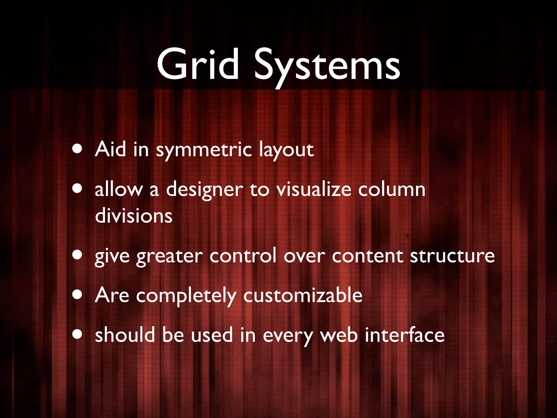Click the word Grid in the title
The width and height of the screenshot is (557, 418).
(x=198, y=64)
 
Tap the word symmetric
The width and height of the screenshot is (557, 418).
(x=204, y=150)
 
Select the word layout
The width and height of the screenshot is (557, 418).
(x=286, y=150)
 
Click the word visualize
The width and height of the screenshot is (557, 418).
(x=314, y=189)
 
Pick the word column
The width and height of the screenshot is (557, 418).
(x=392, y=189)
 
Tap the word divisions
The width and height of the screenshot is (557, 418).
(x=134, y=216)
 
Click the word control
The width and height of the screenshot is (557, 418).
(x=243, y=256)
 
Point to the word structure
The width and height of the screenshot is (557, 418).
(x=452, y=256)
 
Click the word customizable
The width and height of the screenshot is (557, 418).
(x=303, y=295)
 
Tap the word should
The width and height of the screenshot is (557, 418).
(x=125, y=335)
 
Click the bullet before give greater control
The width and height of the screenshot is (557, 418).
(x=78, y=255)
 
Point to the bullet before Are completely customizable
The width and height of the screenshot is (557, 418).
(x=78, y=295)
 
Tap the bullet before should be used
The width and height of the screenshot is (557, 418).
(x=78, y=334)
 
